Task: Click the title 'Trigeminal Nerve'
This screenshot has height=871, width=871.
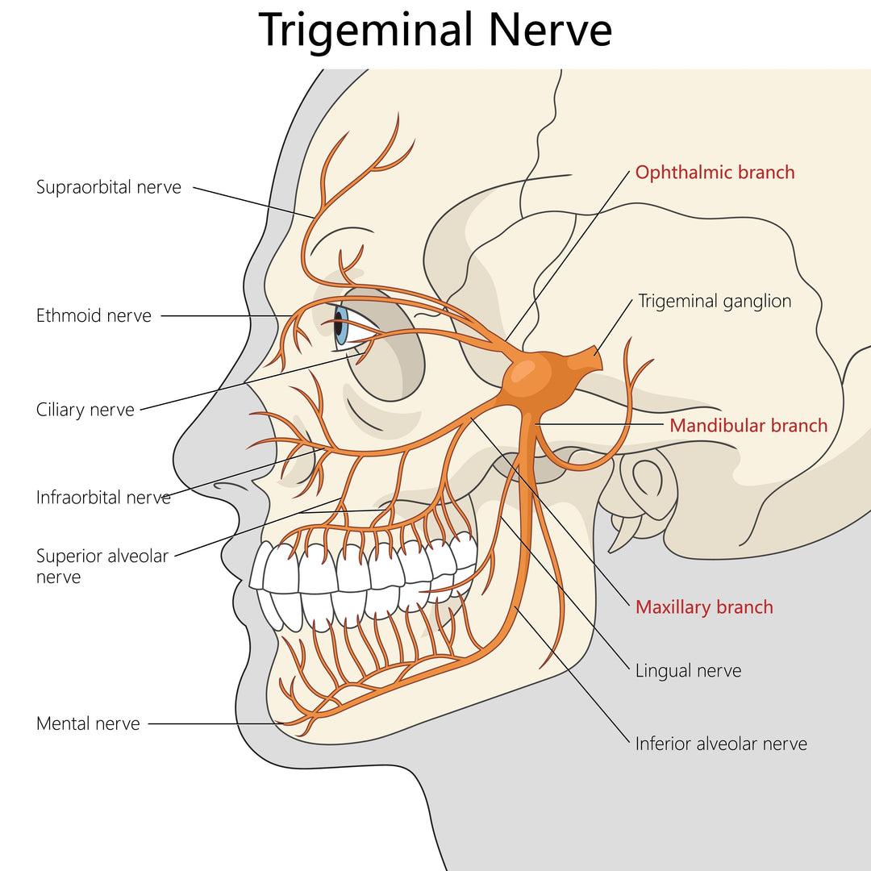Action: click(435, 31)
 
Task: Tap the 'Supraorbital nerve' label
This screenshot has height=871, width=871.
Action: click(109, 187)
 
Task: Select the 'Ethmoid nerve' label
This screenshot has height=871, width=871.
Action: click(94, 315)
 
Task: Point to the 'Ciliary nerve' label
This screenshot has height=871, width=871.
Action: click(85, 410)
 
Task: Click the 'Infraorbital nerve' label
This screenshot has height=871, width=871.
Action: click(103, 497)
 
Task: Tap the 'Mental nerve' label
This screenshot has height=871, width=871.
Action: click(88, 723)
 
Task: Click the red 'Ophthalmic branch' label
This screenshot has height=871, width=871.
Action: click(715, 172)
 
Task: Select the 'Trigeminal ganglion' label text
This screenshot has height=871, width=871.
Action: click(715, 301)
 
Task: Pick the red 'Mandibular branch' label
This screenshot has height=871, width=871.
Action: click(748, 425)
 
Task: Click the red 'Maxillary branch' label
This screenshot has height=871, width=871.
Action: click(704, 607)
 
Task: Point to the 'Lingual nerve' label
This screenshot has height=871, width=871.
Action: click(688, 670)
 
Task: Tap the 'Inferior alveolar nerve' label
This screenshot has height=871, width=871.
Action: click(721, 744)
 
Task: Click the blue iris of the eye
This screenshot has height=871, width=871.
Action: click(341, 325)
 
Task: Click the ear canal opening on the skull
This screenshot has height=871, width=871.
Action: click(646, 479)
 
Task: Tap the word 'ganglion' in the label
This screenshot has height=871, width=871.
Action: click(756, 301)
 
